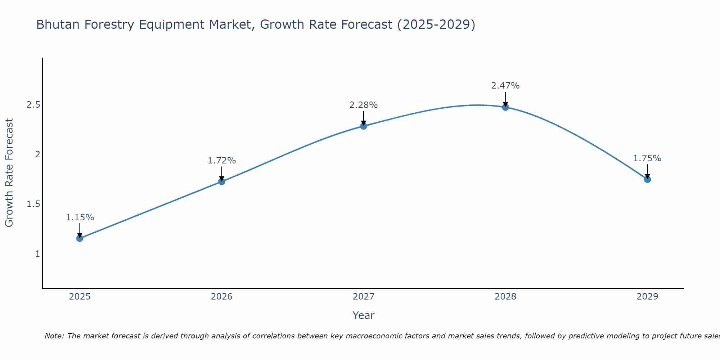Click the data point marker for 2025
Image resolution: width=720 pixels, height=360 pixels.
[x=80, y=238]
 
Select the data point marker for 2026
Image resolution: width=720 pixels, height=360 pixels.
[x=222, y=181]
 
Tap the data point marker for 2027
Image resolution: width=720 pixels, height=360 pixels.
[x=364, y=126]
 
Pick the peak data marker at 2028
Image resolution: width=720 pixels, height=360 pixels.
[x=505, y=107]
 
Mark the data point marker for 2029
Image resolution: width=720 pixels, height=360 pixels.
[x=647, y=179]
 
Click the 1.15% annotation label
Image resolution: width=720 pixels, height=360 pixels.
[x=80, y=217]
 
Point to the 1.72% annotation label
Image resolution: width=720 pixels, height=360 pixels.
[x=222, y=161]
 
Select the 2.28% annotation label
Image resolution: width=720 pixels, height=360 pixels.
[x=364, y=105]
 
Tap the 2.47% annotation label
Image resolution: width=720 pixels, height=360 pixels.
[x=505, y=86]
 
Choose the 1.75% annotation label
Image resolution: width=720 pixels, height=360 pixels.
[x=647, y=158]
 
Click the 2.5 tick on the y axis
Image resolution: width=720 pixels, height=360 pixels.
[x=33, y=105]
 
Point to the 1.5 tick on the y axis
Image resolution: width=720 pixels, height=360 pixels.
[x=33, y=204]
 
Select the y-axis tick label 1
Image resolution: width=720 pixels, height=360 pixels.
[x=37, y=254]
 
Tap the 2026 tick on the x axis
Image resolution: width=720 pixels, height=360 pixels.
[x=222, y=297]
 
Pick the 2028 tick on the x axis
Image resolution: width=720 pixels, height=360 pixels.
[x=505, y=297]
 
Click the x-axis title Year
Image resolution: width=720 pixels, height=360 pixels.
[x=364, y=315]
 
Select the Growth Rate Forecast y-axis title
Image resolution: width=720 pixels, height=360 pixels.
[x=9, y=173]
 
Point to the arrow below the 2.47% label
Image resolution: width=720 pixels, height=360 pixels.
[x=505, y=99]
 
